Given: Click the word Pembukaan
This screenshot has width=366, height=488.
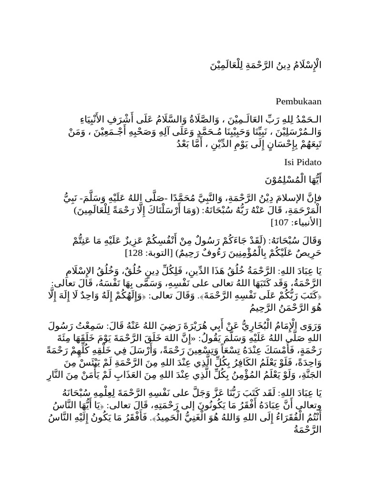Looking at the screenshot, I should (299, 102).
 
